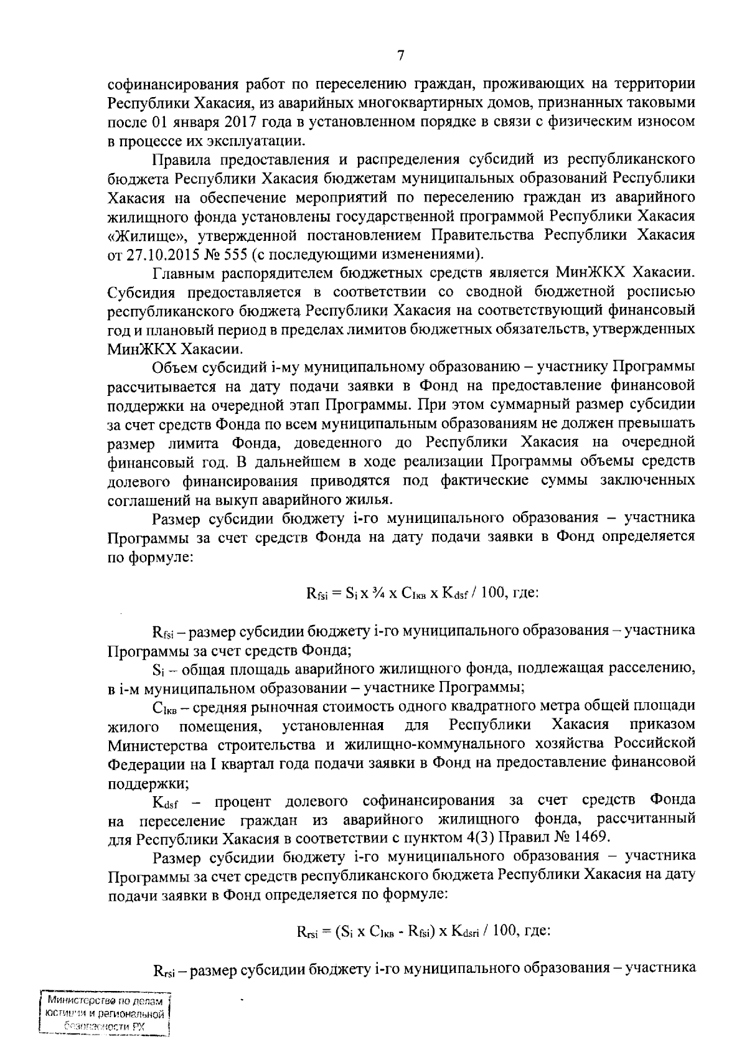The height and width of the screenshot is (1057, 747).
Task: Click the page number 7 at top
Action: pyautogui.click(x=401, y=56)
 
